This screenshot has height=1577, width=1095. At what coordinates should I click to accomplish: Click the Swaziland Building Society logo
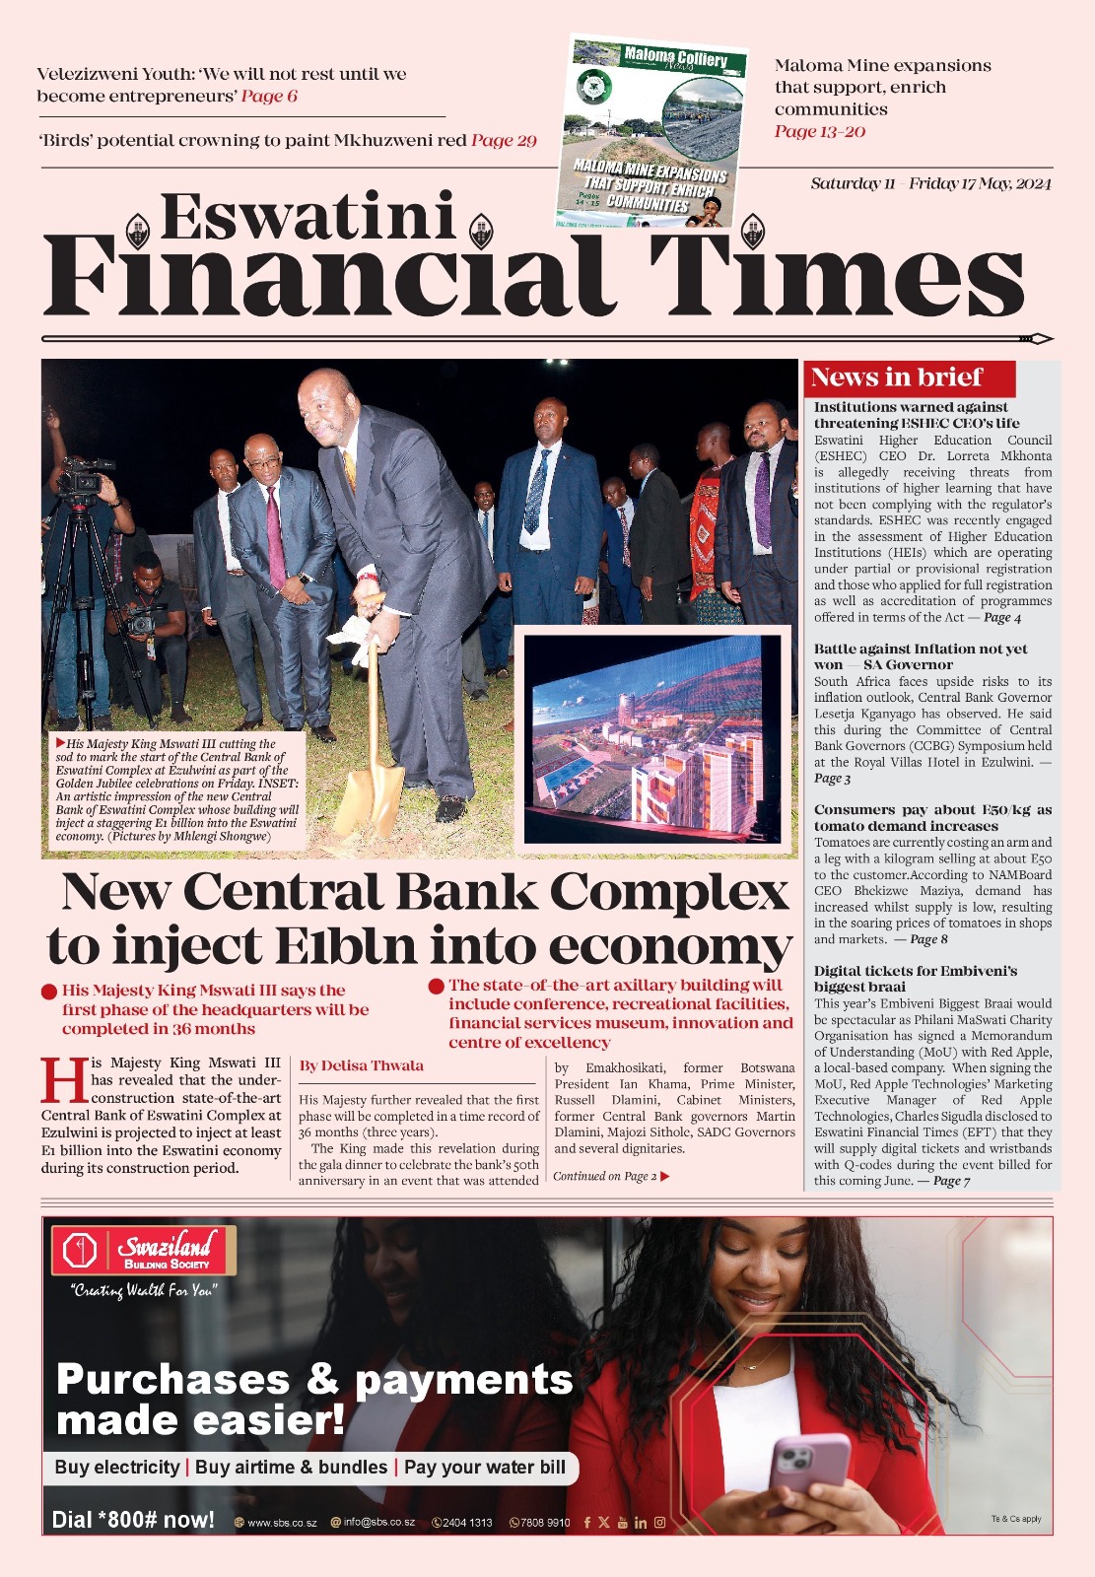144,1252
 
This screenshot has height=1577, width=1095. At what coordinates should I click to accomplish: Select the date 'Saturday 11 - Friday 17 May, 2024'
930,183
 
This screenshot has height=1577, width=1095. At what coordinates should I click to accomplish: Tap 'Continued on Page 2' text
610,1176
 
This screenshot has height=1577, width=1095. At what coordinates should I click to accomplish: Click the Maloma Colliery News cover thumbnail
652,132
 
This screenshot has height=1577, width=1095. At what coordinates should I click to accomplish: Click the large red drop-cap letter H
63,1081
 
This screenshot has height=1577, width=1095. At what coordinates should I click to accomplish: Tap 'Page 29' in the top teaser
504,140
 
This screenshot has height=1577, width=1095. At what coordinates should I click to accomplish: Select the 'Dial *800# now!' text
133,1520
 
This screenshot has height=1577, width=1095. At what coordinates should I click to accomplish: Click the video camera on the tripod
83,477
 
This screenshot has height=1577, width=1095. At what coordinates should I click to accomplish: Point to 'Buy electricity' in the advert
117,1468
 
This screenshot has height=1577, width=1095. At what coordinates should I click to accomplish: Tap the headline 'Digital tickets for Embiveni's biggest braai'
915,978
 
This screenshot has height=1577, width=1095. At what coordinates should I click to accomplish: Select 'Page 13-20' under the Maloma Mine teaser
819,131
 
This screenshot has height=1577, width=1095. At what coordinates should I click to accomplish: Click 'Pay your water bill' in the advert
484,1468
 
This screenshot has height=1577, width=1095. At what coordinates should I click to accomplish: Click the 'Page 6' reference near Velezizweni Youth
269,96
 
